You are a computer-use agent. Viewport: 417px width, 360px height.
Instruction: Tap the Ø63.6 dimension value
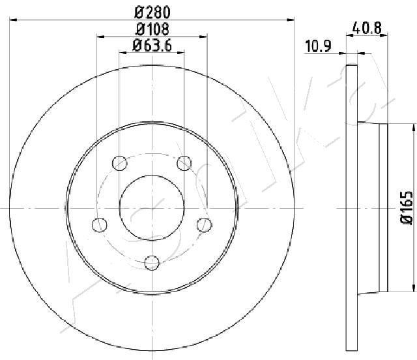click(x=152, y=45)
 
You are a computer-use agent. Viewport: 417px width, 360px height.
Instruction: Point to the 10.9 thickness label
click(x=317, y=46)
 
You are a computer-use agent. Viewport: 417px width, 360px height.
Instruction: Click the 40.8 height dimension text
click(x=366, y=29)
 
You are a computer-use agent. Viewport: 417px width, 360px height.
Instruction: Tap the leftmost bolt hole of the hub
click(x=99, y=225)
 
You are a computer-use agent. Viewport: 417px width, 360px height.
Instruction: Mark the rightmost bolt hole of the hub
click(x=205, y=225)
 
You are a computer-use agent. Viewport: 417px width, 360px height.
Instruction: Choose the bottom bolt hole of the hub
click(x=152, y=263)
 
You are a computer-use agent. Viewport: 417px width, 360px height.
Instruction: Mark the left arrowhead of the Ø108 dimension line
click(x=100, y=37)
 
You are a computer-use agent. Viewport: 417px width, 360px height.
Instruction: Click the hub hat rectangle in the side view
click(x=383, y=207)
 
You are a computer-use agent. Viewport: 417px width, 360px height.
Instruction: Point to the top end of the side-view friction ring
click(x=352, y=67)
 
